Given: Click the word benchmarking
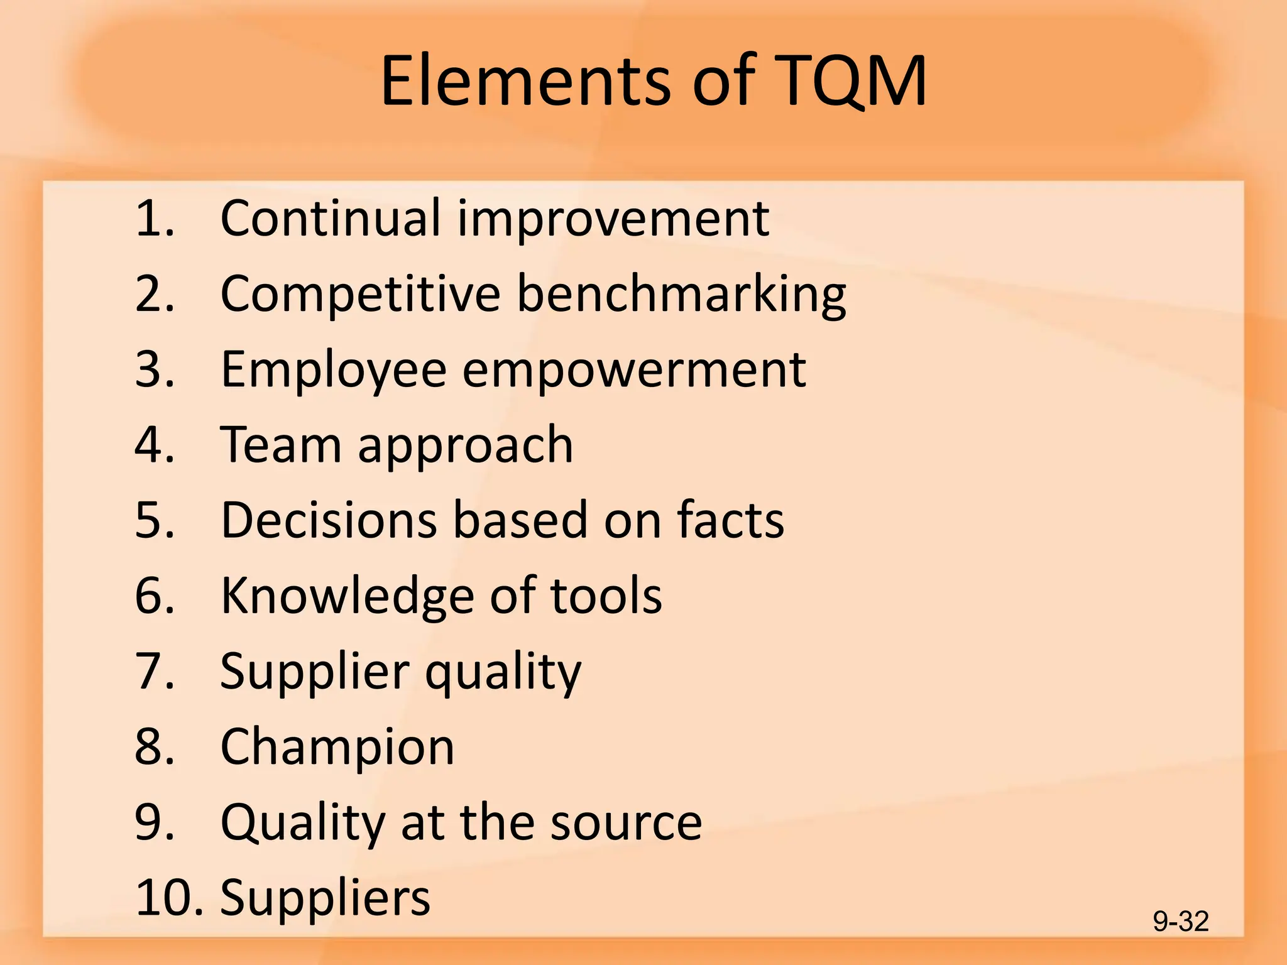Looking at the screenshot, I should click(681, 294).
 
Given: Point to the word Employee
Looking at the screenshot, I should click(334, 370).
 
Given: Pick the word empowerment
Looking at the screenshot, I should click(634, 370).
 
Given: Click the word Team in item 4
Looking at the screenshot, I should click(281, 445).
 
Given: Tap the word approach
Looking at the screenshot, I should click(466, 446).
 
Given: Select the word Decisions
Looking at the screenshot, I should click(329, 520).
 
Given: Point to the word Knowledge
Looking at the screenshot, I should click(348, 596).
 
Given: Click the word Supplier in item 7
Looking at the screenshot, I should click(315, 672).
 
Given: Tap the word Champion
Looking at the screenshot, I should click(337, 748).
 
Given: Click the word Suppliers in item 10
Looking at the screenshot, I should click(326, 898).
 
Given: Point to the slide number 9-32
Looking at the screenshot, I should click(1180, 922).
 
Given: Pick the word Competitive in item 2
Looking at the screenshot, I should click(360, 294).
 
